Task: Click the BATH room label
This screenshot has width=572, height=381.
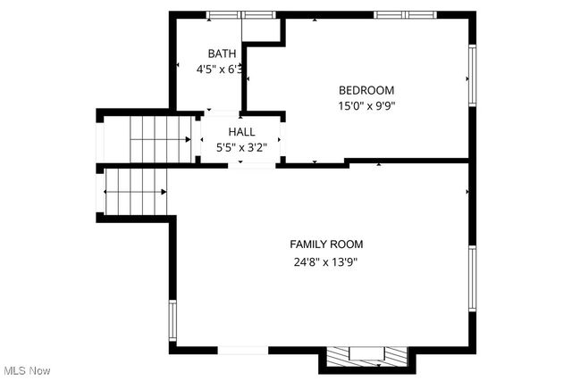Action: (223, 54)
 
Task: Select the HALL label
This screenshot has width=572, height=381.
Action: (241, 132)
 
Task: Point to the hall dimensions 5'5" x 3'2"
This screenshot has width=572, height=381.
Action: (241, 147)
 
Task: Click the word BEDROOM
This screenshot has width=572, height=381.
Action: (366, 90)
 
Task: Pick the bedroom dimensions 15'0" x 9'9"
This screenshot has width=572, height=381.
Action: (366, 105)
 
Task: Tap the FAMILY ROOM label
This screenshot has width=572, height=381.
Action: (326, 244)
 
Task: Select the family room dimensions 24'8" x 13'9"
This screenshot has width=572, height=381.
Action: (325, 262)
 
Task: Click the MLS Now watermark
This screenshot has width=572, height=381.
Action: (26, 370)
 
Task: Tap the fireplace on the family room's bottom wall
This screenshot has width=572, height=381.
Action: (367, 357)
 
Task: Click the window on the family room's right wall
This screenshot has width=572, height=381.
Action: (471, 277)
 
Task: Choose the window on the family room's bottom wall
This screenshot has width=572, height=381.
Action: (243, 350)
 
